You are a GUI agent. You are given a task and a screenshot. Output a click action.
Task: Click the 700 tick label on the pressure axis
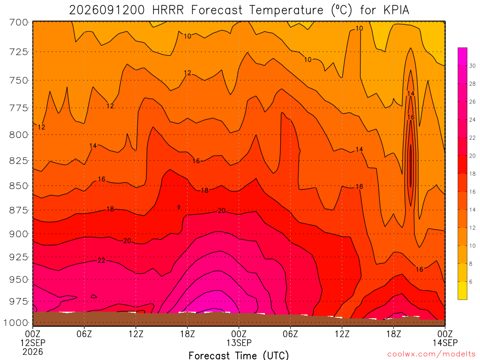pyautogui.click(x=18, y=22)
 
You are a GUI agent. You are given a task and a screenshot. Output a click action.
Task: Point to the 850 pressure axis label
pyautogui.click(x=18, y=186)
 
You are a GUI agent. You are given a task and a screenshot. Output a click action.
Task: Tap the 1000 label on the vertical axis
pyautogui.click(x=16, y=322)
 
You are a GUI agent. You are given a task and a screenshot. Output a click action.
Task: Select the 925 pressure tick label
pyautogui.click(x=18, y=257)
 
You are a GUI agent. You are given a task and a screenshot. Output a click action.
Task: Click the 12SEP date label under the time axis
pyautogui.click(x=33, y=343)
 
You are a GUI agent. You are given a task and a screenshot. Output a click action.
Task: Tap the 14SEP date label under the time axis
pyautogui.click(x=445, y=343)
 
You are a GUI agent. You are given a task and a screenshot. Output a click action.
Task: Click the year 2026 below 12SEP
pyautogui.click(x=33, y=352)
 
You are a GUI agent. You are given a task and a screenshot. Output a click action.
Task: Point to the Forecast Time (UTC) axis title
pyautogui.click(x=239, y=355)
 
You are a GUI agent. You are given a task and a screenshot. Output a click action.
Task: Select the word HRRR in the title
pyautogui.click(x=168, y=10)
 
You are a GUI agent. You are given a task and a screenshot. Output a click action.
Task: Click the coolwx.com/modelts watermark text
pyautogui.click(x=431, y=354)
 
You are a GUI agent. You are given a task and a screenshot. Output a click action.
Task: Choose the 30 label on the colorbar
pyautogui.click(x=472, y=66)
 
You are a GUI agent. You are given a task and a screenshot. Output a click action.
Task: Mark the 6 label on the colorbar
pyautogui.click(x=471, y=282)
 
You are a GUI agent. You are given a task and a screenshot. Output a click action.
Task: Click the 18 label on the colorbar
pyautogui.click(x=472, y=173)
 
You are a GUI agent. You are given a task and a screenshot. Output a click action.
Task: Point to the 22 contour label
pyautogui.click(x=101, y=261)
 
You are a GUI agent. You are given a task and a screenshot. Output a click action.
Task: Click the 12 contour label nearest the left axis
pyautogui.click(x=41, y=127)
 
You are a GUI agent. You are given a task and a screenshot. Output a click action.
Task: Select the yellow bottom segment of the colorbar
pyautogui.click(x=463, y=290)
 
